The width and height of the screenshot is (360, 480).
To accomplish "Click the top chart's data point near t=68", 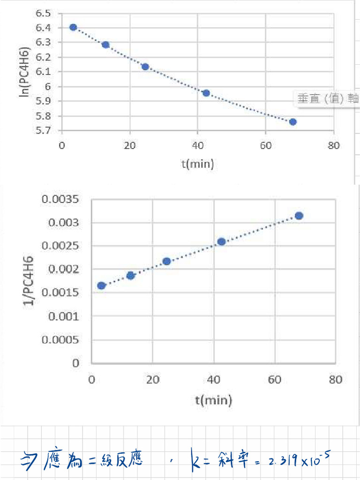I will (293, 122).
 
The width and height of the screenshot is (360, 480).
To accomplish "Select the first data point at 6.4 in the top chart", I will (73, 27).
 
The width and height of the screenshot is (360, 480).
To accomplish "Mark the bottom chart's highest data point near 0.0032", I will (299, 216).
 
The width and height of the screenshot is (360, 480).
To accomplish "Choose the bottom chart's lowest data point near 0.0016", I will (101, 285).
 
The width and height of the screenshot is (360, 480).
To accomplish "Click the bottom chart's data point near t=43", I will (222, 241).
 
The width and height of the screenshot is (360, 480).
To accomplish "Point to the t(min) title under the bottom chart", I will (214, 400).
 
